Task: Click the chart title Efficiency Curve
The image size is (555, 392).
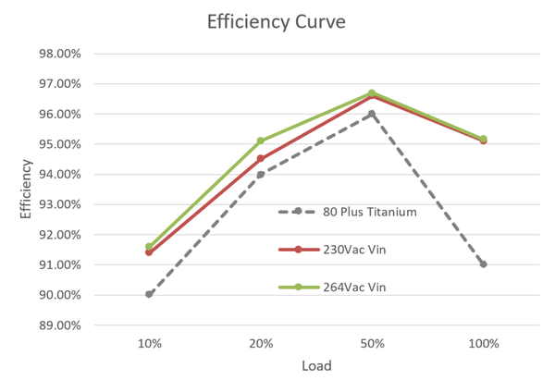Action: coord(277,22)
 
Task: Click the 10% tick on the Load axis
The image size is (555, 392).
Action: coord(150,343)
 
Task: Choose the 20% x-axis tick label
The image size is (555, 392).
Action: coord(261,343)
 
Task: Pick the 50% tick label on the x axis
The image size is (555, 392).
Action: coord(372,343)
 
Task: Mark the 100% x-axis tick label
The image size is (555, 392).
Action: coord(483,343)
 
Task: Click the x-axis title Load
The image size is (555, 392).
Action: coord(316,365)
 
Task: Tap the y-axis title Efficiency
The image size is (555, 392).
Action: coord(27,190)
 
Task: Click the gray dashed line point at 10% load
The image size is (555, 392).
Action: coord(150,295)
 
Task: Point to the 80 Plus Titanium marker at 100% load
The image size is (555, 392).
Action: coord(483,264)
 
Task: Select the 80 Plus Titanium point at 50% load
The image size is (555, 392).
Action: coord(372,114)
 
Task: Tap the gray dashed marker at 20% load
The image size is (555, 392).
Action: coord(261,174)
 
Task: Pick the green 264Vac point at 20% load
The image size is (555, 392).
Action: coord(261,141)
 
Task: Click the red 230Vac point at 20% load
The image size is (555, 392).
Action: coord(261,158)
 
